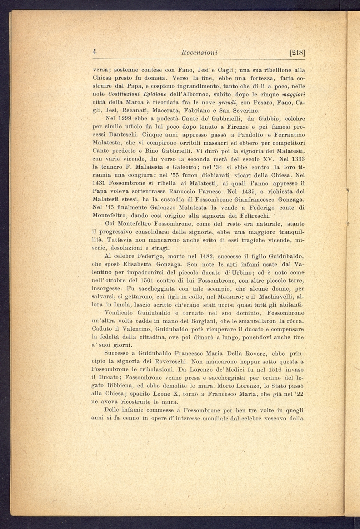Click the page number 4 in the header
(95, 52)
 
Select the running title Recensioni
(199, 53)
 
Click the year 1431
(100, 183)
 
